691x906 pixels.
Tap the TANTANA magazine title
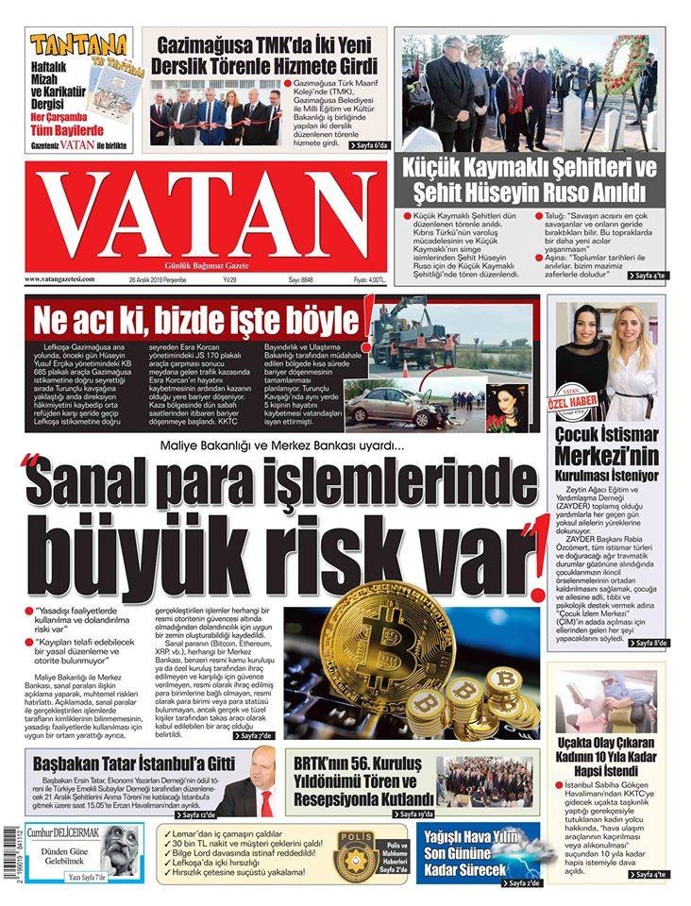click(78, 44)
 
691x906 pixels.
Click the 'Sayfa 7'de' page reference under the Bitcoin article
click(229, 735)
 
